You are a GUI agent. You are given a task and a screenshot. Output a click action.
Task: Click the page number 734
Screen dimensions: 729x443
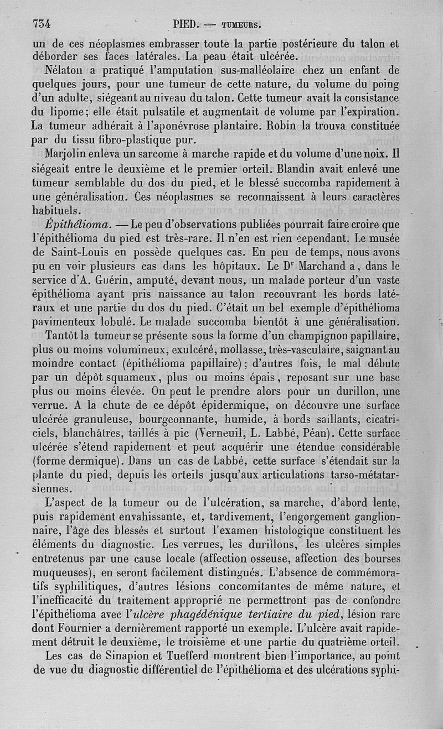pos(42,24)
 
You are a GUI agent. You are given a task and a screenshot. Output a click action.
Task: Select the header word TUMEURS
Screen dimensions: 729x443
pos(241,25)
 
